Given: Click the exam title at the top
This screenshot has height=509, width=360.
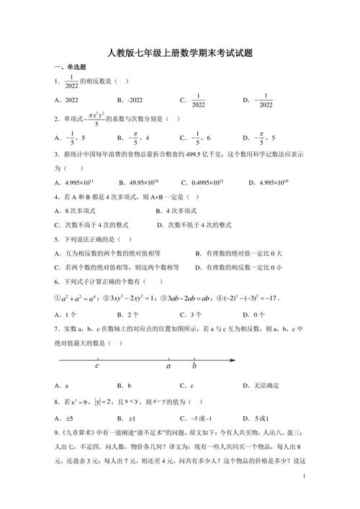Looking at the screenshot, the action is click(179, 52).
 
